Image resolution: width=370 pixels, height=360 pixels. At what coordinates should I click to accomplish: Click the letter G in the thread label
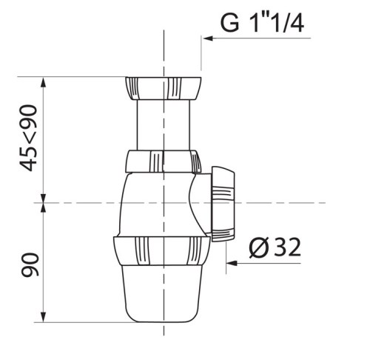[230, 24]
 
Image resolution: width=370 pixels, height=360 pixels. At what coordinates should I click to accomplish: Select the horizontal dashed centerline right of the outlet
[296, 201]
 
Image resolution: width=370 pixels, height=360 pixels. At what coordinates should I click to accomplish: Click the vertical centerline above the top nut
[161, 44]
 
